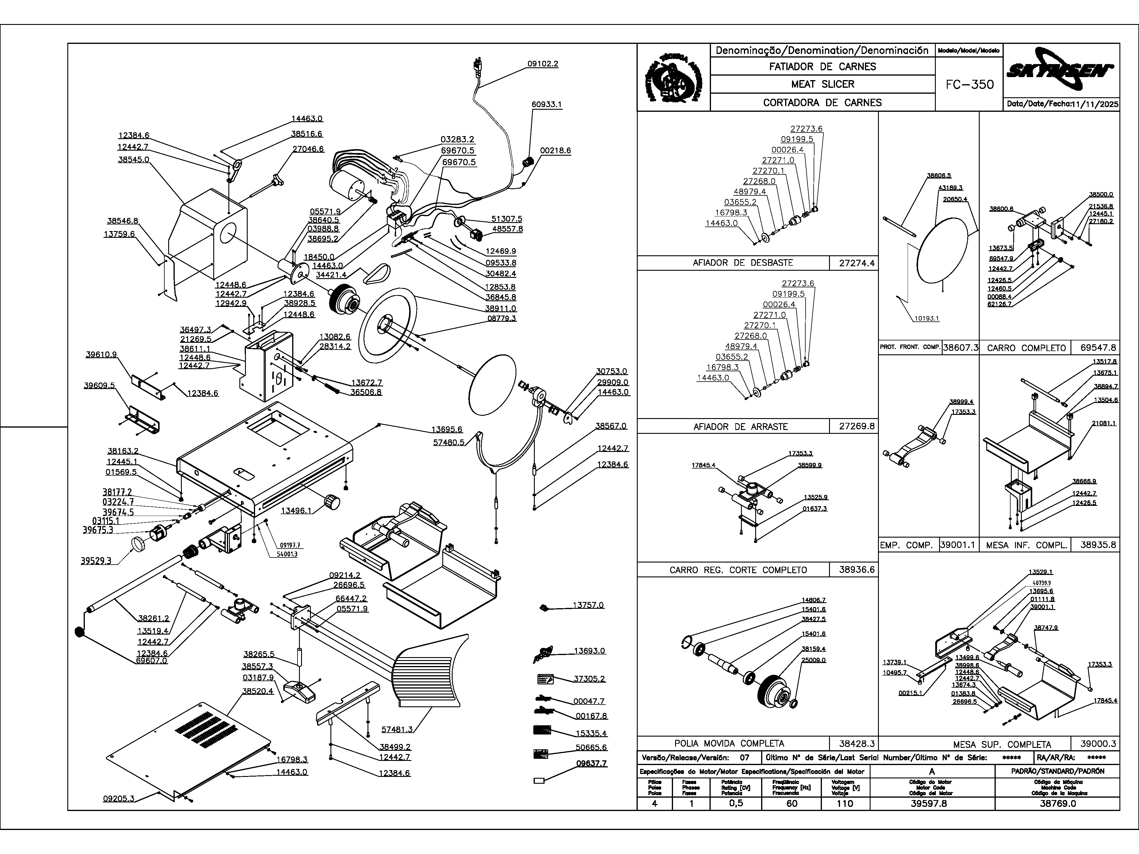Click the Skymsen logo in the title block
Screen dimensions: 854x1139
point(1061,71)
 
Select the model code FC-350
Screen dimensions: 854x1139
point(970,85)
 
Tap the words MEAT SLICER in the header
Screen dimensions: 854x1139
point(822,84)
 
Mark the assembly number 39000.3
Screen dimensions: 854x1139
point(1098,744)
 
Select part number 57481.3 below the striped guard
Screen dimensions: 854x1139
point(397,729)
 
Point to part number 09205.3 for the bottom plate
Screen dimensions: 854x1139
point(118,799)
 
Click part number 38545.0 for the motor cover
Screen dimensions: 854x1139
point(133,160)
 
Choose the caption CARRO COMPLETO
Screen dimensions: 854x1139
point(1026,348)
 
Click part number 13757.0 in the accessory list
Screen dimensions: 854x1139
point(588,606)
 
